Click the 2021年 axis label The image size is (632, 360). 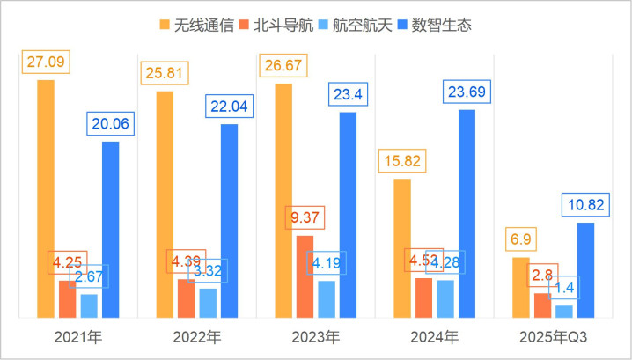tap(77, 337)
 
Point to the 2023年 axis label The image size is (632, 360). tap(315, 337)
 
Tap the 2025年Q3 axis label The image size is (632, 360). tap(553, 337)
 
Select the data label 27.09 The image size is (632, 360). tap(48, 63)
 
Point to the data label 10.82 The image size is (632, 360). tap(584, 205)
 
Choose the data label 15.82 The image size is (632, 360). tap(401, 161)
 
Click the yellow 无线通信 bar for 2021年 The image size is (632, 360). tap(46, 198)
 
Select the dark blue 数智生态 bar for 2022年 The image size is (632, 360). tap(229, 220)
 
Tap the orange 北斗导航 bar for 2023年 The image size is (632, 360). tap(304, 276)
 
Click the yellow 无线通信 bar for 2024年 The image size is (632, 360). tap(401, 247)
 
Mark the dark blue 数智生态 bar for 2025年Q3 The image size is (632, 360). tap(585, 269)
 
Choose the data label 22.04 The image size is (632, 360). tap(229, 107)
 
